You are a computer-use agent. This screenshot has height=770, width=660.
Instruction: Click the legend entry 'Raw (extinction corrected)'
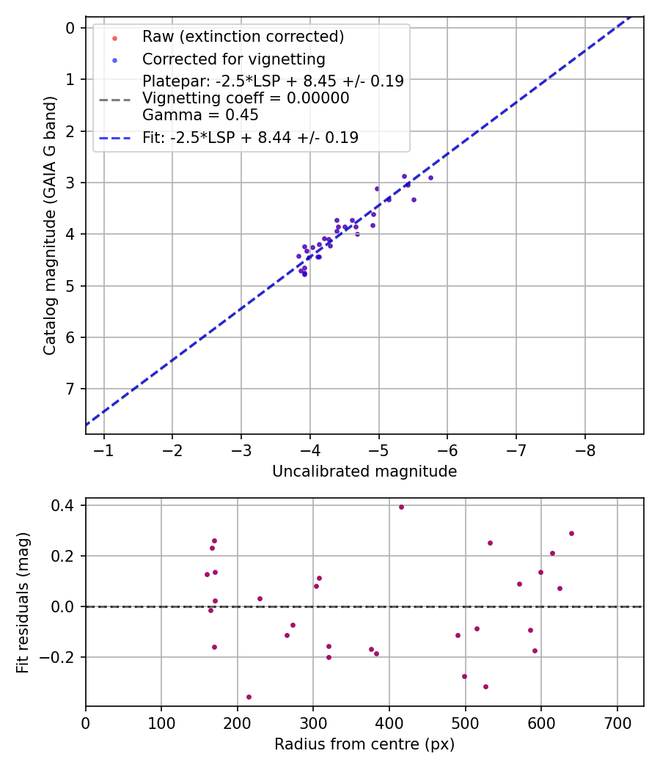tap(243, 37)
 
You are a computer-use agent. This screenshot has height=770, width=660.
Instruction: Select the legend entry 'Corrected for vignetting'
tap(233, 59)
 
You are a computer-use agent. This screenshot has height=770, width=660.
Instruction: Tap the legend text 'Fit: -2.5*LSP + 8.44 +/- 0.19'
tap(250, 137)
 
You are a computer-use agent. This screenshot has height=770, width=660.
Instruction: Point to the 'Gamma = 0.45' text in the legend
tap(200, 115)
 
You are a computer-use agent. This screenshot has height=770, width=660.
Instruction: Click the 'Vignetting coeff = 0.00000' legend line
tap(246, 98)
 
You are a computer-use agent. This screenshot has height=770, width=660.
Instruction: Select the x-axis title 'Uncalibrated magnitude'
tap(364, 472)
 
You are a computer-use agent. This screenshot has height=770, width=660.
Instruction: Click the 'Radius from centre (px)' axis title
tap(364, 744)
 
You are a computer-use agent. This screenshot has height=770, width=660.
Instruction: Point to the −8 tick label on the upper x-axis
tap(584, 449)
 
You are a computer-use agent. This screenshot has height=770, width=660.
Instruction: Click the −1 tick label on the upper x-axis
tap(103, 449)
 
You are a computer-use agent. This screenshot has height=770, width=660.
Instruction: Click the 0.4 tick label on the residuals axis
tap(59, 505)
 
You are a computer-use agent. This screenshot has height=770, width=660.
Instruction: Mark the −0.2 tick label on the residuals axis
tap(54, 657)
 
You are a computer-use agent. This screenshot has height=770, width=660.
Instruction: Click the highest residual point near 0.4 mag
tap(401, 507)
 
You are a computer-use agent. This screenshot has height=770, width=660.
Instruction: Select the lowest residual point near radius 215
tap(249, 697)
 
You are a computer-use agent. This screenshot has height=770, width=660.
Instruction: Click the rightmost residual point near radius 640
tap(571, 533)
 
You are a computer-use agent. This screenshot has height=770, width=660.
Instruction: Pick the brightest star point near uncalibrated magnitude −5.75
tap(430, 177)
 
